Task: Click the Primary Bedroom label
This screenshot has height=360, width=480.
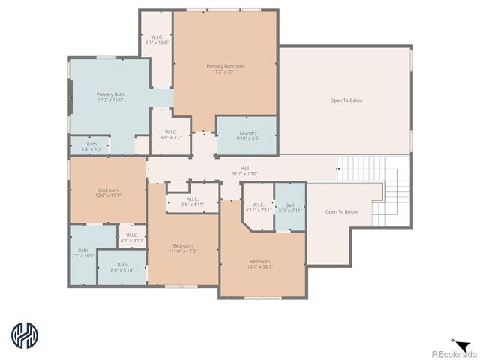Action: pos(225,69)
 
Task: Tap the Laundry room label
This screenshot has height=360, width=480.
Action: pos(247,136)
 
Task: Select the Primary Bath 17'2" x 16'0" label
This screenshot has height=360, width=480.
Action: pos(109,97)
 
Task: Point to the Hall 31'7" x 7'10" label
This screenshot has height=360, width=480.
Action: pos(244,171)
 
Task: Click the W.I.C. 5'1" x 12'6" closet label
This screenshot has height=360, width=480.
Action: pos(157,40)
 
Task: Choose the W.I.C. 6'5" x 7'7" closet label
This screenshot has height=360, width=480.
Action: pos(170,136)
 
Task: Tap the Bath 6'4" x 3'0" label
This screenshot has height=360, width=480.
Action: pos(91,146)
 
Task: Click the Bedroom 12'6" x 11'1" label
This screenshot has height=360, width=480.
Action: pos(109,193)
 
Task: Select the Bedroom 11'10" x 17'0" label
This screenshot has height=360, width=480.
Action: pos(183,248)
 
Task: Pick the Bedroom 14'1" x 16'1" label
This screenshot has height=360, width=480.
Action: pos(260,264)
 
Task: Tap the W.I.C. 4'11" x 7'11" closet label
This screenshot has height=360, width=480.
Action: pos(258,208)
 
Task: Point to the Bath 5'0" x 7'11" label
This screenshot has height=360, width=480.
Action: pos(290,208)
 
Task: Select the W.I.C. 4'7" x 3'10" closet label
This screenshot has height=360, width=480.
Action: pos(132,238)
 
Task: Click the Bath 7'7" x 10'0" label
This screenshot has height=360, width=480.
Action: pos(82,253)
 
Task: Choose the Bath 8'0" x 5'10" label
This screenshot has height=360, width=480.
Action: pos(121,267)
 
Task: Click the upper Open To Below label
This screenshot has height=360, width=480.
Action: pos(346,100)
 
